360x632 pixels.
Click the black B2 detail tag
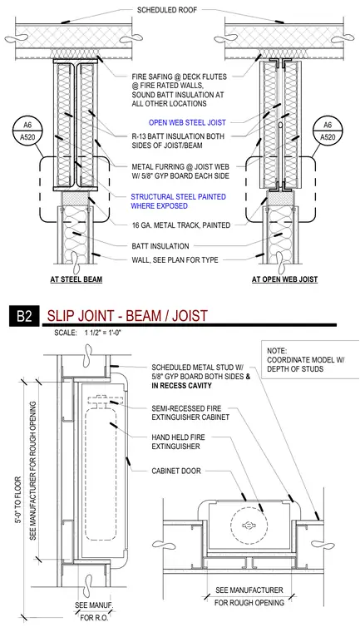pos(24,316)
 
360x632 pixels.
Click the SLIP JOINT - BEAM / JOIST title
pos(127,315)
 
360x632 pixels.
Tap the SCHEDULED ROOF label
pos(167,10)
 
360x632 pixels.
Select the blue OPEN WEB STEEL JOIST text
pos(187,122)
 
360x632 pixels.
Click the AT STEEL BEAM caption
pos(76,279)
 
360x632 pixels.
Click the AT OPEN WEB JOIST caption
pos(284,279)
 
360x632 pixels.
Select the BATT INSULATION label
pos(160,246)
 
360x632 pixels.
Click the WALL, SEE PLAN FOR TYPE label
pos(175,260)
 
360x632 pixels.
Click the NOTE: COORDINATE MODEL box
pos(310,359)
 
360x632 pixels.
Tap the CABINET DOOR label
pos(176,471)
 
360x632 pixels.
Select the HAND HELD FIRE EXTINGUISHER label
pos(181,442)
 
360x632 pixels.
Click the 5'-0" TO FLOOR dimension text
pos(17,506)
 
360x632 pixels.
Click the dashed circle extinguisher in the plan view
pos(249,525)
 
